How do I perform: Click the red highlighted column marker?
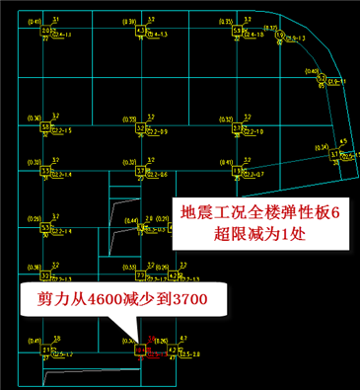pyautogui.click(x=140, y=347)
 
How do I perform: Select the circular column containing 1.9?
pyautogui.click(x=280, y=36)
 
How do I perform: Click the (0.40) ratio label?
pyautogui.click(x=313, y=71)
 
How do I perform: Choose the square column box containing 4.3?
pyautogui.click(x=140, y=31)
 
